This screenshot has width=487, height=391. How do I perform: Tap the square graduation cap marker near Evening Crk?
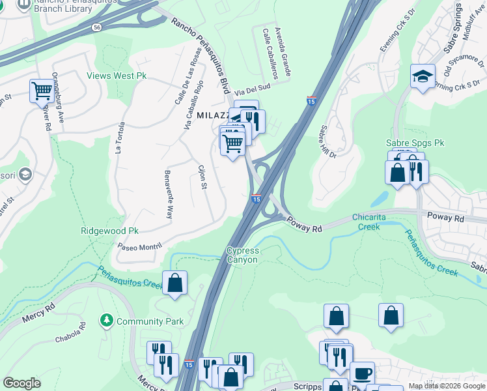(x=423, y=76)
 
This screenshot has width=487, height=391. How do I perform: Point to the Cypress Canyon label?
(x=242, y=255)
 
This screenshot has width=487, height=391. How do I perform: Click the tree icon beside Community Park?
(x=105, y=321)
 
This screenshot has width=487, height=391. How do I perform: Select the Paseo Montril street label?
(x=139, y=246)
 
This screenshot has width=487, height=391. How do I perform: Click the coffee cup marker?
(x=362, y=374)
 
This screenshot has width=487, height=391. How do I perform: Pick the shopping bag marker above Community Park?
(x=174, y=283)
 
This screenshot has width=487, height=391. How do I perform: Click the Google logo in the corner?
(x=21, y=383)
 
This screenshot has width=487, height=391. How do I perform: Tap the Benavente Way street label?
(x=169, y=194)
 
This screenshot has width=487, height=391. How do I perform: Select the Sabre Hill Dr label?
(x=327, y=141)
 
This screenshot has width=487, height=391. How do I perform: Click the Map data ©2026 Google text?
(x=446, y=386)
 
